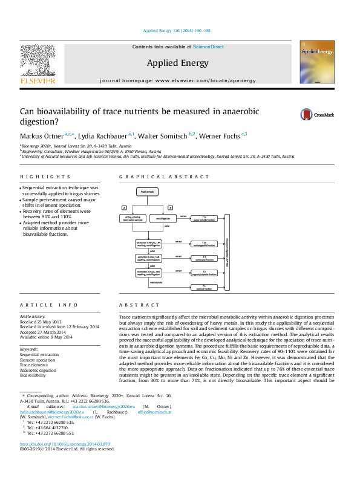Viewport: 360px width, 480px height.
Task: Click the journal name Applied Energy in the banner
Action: (177, 63)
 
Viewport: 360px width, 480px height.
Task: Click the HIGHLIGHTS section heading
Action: (37, 177)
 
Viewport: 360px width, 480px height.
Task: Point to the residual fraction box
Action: (205, 286)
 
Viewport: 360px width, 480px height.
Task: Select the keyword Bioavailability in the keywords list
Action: (34, 375)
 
